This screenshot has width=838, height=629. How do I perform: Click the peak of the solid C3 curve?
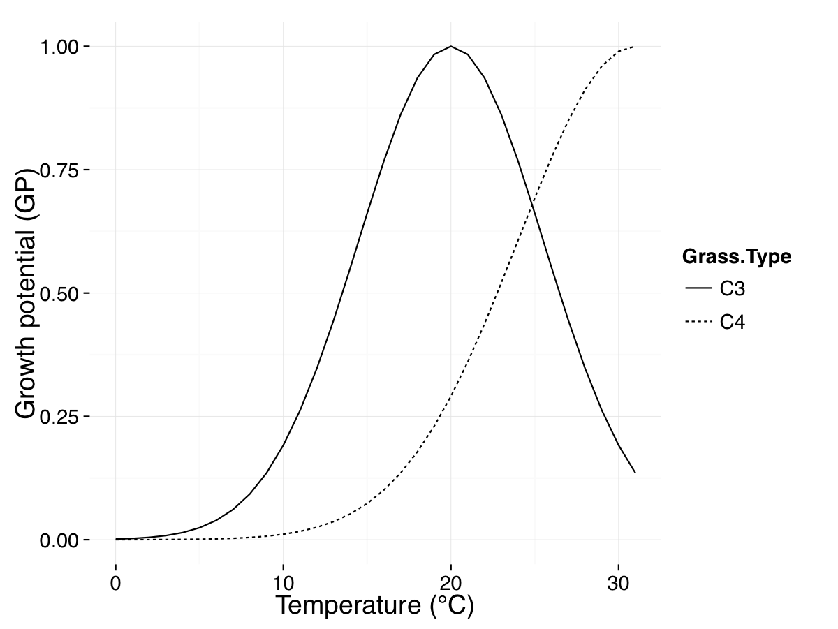451,46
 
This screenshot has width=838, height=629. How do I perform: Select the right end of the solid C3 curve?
635,473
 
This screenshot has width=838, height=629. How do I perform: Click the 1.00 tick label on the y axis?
61,47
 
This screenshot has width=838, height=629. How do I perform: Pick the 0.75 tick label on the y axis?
61,170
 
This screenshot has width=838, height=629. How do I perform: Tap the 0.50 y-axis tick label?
61,293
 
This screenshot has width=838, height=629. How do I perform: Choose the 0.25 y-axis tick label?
61,417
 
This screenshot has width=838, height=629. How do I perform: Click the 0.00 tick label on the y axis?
61,540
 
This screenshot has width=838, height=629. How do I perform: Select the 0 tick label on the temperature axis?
116,584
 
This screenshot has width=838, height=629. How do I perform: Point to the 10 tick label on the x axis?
283,584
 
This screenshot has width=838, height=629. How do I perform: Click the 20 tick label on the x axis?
450,584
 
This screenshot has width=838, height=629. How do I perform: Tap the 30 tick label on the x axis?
618,584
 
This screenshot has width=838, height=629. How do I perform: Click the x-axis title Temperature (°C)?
374,605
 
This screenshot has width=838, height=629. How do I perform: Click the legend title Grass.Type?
737,257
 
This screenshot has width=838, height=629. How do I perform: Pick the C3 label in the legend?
733,288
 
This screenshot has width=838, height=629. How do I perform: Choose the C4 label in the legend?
733,322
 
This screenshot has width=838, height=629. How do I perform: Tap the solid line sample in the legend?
698,288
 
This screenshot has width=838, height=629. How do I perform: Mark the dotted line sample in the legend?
698,322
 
